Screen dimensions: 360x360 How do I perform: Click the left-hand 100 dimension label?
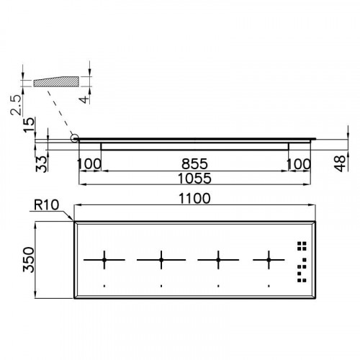click(89, 165)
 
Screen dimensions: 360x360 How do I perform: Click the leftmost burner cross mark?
click(104, 258)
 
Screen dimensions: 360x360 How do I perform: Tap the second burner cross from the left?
click(161, 258)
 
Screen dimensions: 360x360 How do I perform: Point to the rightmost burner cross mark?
click(270, 258)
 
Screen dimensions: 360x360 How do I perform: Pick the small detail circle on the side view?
click(74, 138)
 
